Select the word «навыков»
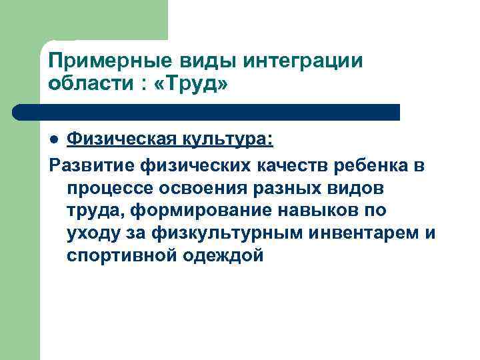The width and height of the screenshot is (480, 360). pos(306,211)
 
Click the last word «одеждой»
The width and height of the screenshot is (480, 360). pos(223,256)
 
